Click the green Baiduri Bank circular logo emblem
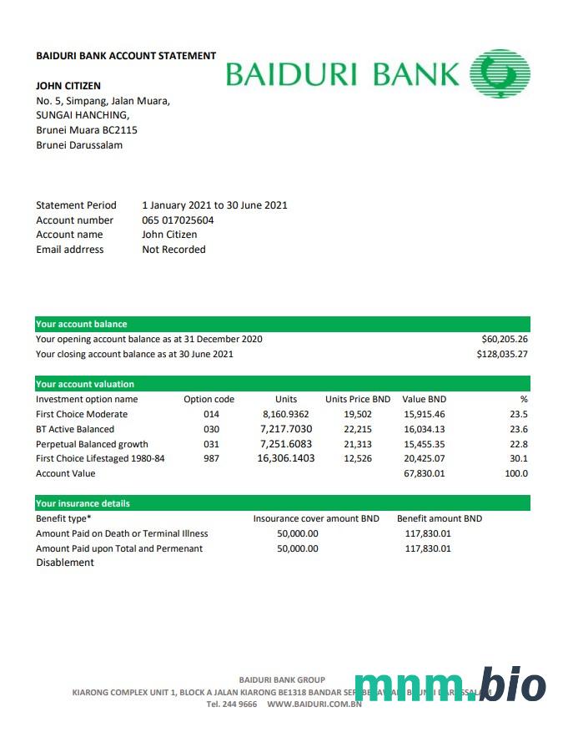click(500, 73)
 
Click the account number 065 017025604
click(178, 220)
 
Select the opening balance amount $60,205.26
click(505, 340)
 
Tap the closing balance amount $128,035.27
click(502, 354)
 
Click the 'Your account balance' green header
click(82, 324)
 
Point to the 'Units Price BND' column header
click(358, 400)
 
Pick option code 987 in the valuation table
click(211, 459)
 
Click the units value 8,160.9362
click(285, 414)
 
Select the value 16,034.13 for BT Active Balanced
click(425, 429)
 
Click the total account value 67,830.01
click(425, 474)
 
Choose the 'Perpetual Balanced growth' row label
click(92, 444)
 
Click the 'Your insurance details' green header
click(83, 503)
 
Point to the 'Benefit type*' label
click(63, 518)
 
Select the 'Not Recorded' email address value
click(173, 250)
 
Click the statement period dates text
click(214, 205)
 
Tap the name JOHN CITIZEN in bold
click(68, 86)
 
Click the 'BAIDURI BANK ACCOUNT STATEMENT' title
click(126, 56)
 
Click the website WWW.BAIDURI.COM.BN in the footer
click(314, 704)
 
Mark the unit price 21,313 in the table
click(358, 444)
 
